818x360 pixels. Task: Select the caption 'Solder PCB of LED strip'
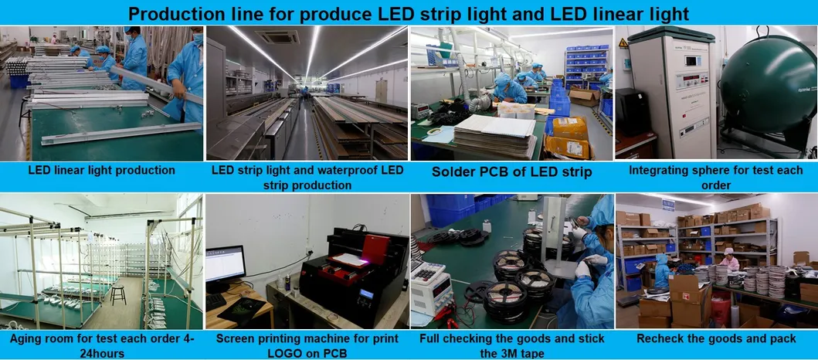[511, 172]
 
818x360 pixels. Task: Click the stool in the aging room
[118, 293]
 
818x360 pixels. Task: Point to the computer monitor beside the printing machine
[225, 264]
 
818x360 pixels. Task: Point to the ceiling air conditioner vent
[277, 36]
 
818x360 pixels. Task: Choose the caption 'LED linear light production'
[101, 170]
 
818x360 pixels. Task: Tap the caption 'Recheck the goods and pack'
[716, 338]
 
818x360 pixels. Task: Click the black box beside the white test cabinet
[632, 112]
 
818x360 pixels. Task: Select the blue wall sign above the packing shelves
[668, 205]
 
